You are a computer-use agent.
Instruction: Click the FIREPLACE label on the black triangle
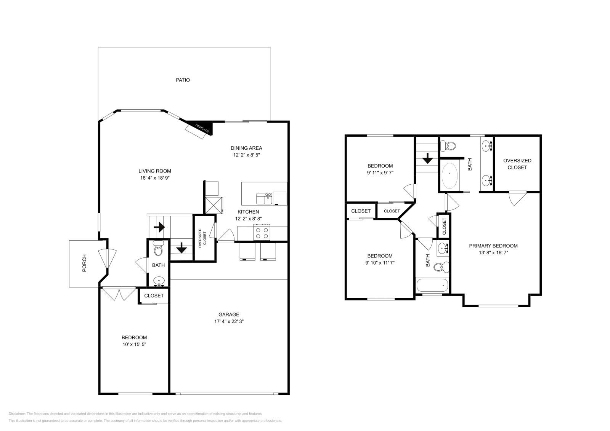pyautogui.click(x=202, y=128)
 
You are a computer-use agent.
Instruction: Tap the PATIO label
pyautogui.click(x=183, y=80)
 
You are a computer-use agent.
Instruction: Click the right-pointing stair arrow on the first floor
pyautogui.click(x=159, y=228)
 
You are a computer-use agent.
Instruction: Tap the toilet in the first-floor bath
pyautogui.click(x=158, y=250)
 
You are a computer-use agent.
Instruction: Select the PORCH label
pyautogui.click(x=84, y=263)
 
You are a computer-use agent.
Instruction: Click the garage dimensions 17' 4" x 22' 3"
pyautogui.click(x=229, y=321)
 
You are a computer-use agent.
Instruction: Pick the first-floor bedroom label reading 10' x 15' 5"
pyautogui.click(x=134, y=344)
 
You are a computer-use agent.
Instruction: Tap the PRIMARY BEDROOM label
pyautogui.click(x=493, y=246)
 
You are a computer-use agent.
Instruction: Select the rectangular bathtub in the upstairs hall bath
pyautogui.click(x=432, y=284)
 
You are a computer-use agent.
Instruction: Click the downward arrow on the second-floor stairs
pyautogui.click(x=427, y=158)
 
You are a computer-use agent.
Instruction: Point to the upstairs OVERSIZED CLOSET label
pyautogui.click(x=517, y=164)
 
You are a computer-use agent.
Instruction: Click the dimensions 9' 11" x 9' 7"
pyautogui.click(x=380, y=172)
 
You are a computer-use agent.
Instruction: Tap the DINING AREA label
pyautogui.click(x=246, y=148)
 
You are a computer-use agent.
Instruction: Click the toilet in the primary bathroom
pyautogui.click(x=448, y=145)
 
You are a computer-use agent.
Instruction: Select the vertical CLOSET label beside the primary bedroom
pyautogui.click(x=444, y=227)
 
